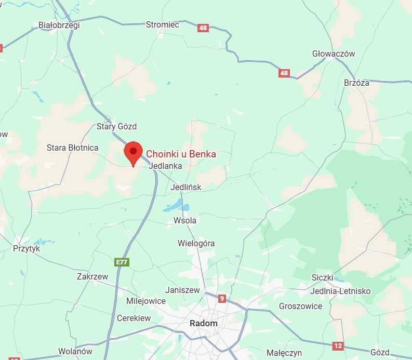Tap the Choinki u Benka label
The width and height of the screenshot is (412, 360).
click(x=181, y=154)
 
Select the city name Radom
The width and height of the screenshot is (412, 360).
click(x=204, y=323)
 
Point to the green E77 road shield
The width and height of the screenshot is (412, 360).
click(x=122, y=262)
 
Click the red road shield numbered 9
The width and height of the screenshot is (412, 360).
click(x=222, y=298)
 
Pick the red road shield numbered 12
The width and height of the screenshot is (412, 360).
click(x=338, y=345)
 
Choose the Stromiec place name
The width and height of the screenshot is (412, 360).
click(x=163, y=24)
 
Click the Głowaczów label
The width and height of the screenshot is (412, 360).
click(x=334, y=54)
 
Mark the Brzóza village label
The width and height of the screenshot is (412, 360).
click(x=356, y=83)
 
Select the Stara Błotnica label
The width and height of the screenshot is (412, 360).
click(x=72, y=148)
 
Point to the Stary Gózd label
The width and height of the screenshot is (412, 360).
click(x=116, y=126)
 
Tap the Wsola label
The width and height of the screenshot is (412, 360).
click(x=185, y=220)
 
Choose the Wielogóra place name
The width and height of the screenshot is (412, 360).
click(x=196, y=243)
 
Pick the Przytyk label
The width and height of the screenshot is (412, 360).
click(x=26, y=248)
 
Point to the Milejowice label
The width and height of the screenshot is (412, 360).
click(x=146, y=301)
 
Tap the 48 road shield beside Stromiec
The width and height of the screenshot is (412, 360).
click(x=203, y=28)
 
